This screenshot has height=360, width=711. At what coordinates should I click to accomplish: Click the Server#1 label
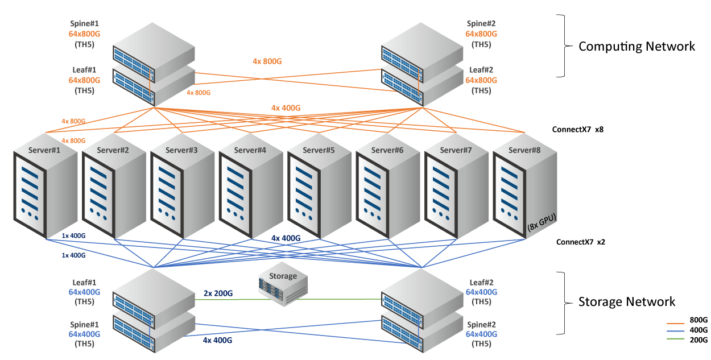click(44, 150)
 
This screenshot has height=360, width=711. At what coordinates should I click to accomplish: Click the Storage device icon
click(283, 288)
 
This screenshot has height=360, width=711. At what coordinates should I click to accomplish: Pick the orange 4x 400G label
click(286, 107)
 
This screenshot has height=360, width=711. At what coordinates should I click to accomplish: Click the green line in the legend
click(675, 338)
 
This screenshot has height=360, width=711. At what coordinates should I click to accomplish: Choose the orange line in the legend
click(675, 324)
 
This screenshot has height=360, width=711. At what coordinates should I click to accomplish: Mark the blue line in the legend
click(675, 331)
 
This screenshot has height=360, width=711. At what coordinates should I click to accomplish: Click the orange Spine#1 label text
click(84, 24)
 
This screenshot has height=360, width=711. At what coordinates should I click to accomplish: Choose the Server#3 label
click(181, 150)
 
